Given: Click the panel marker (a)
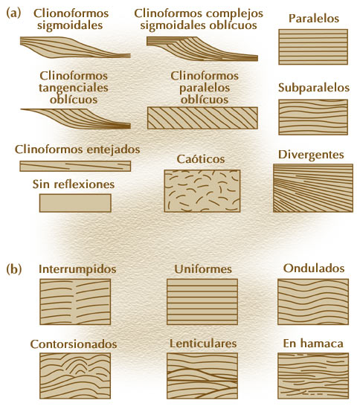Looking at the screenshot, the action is [x=13, y=13].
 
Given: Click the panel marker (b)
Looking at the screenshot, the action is [x=13, y=269].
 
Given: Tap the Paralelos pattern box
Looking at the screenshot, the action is [x=313, y=47].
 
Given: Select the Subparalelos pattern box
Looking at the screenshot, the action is [x=313, y=117].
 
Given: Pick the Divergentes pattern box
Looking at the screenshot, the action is [x=313, y=188].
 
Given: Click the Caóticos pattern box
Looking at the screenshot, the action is [x=202, y=191].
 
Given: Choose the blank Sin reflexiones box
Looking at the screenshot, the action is [x=75, y=203].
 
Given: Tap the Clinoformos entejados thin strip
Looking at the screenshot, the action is [x=75, y=166].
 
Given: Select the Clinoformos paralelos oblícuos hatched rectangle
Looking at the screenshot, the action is [x=202, y=117].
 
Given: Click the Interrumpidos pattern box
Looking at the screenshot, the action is [x=75, y=302].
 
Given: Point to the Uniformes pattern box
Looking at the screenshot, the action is [x=202, y=302].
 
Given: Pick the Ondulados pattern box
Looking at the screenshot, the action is [x=313, y=302].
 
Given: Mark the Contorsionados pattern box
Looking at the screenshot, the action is [x=75, y=376].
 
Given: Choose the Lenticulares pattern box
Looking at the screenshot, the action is [x=202, y=376].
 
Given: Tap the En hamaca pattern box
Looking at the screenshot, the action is [x=313, y=376].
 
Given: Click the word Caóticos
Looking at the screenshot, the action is [x=201, y=158].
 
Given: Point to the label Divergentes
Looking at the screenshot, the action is [x=311, y=155].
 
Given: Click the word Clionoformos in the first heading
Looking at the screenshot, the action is [x=71, y=13].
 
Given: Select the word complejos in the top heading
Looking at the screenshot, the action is [x=236, y=13].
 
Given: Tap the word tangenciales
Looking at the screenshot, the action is [x=74, y=88].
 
